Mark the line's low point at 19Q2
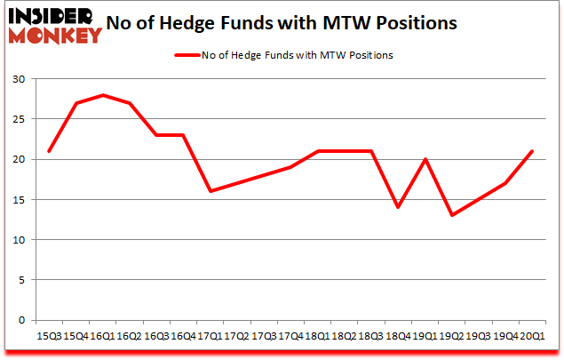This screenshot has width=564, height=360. tap(452, 215)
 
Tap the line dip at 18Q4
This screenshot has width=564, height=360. tap(398, 207)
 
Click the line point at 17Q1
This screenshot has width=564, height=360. tap(210, 191)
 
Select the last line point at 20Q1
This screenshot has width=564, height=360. tap(532, 151)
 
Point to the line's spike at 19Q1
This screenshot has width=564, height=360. tap(425, 159)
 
